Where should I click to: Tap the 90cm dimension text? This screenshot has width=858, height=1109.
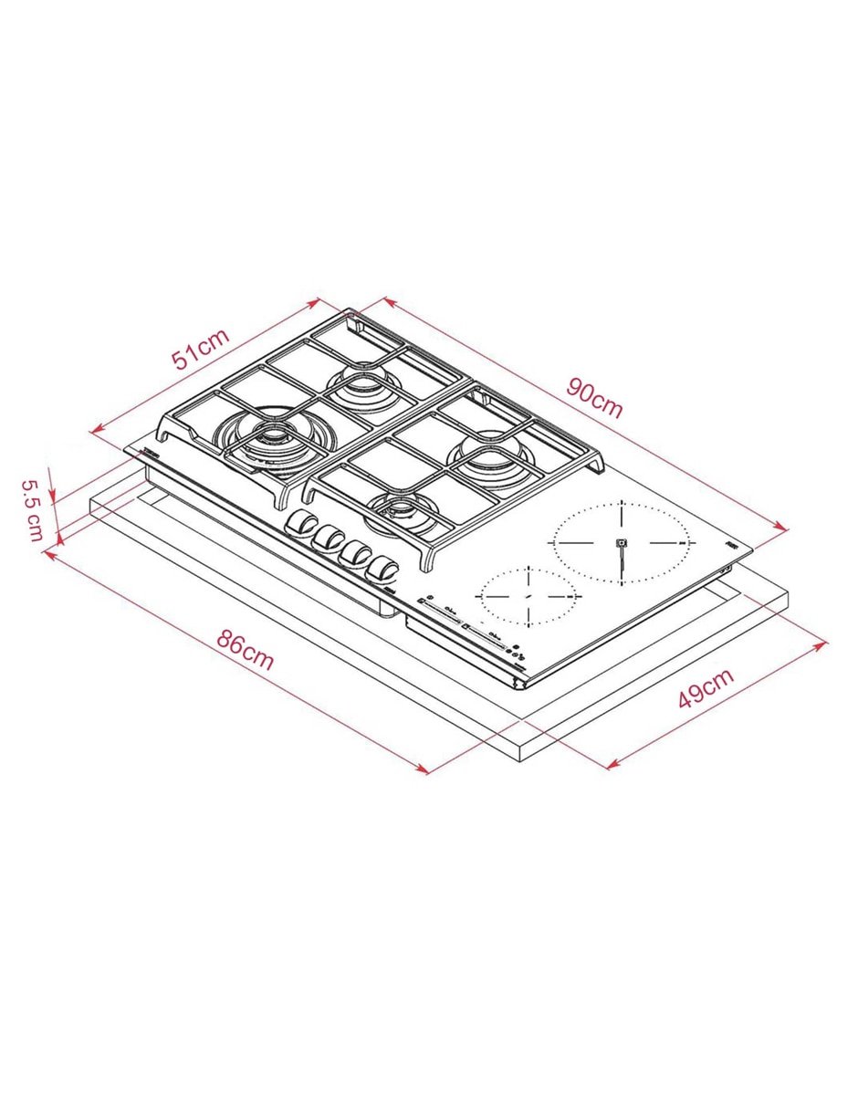click(x=594, y=398)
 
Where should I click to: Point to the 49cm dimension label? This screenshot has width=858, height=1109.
click(x=706, y=687)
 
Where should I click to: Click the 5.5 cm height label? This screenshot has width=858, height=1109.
click(x=32, y=510)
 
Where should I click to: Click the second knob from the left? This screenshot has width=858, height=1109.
click(x=329, y=539)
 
